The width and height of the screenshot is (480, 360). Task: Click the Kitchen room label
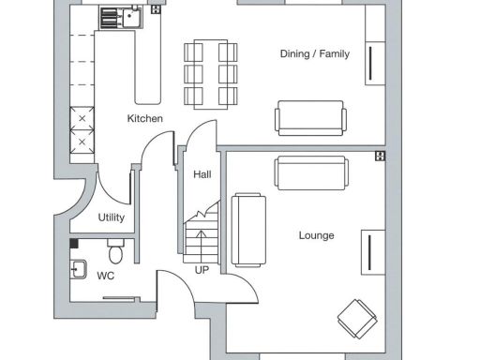pyautogui.click(x=145, y=119)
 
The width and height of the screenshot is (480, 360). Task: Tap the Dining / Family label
pyautogui.click(x=314, y=54)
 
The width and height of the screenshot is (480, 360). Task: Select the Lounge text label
pyautogui.click(x=316, y=235)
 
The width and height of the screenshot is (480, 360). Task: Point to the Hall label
pyautogui.click(x=202, y=175)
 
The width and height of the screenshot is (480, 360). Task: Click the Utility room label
pyautogui.click(x=112, y=217)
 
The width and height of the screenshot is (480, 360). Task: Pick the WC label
pyautogui.click(x=106, y=276)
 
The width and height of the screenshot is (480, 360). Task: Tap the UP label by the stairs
pyautogui.click(x=202, y=270)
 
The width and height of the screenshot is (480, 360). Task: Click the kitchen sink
pyautogui.click(x=119, y=16)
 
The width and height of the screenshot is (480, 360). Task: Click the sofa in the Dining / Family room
pyautogui.click(x=310, y=118)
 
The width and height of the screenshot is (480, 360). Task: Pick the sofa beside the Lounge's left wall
pyautogui.click(x=247, y=230)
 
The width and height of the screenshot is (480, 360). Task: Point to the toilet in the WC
pyautogui.click(x=115, y=251)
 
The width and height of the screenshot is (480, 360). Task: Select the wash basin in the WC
pyautogui.click(x=79, y=269)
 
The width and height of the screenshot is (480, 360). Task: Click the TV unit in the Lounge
pyautogui.click(x=374, y=250)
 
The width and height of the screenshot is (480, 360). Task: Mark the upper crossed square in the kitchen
pyautogui.click(x=82, y=119)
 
